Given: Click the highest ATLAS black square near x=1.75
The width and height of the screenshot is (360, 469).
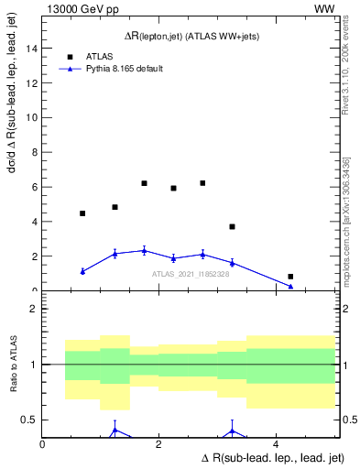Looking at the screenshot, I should pos(144,183).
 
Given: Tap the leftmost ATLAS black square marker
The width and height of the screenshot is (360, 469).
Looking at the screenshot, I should pos(82,213).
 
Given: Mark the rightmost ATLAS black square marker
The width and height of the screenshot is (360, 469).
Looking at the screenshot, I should pos(290,277).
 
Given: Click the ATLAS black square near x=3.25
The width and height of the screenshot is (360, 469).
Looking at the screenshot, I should pos(232,226).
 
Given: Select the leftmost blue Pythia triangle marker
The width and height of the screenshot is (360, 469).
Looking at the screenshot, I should pos(82,271).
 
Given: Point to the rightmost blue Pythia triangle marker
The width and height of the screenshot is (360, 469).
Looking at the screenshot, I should pos(290,286).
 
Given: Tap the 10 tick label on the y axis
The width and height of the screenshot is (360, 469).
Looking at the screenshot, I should pos(30,117).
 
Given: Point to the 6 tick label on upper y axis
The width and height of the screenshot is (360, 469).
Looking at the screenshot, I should pos(33,187).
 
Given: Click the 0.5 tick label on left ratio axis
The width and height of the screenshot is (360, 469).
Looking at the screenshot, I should pos(29,420).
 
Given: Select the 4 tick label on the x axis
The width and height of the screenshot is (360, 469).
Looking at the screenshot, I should pos(276,444).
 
